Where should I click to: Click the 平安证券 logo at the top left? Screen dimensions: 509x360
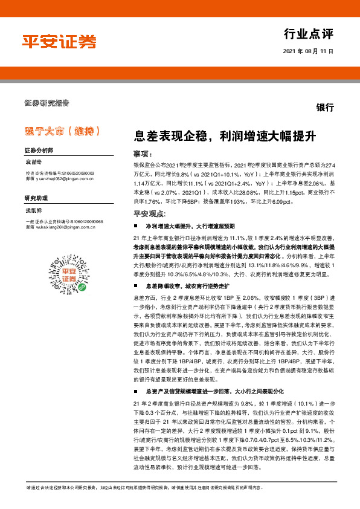coord(59,41)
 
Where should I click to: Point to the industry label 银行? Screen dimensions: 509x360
coord(325,108)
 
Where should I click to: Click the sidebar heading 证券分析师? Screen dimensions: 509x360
coord(39,149)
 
